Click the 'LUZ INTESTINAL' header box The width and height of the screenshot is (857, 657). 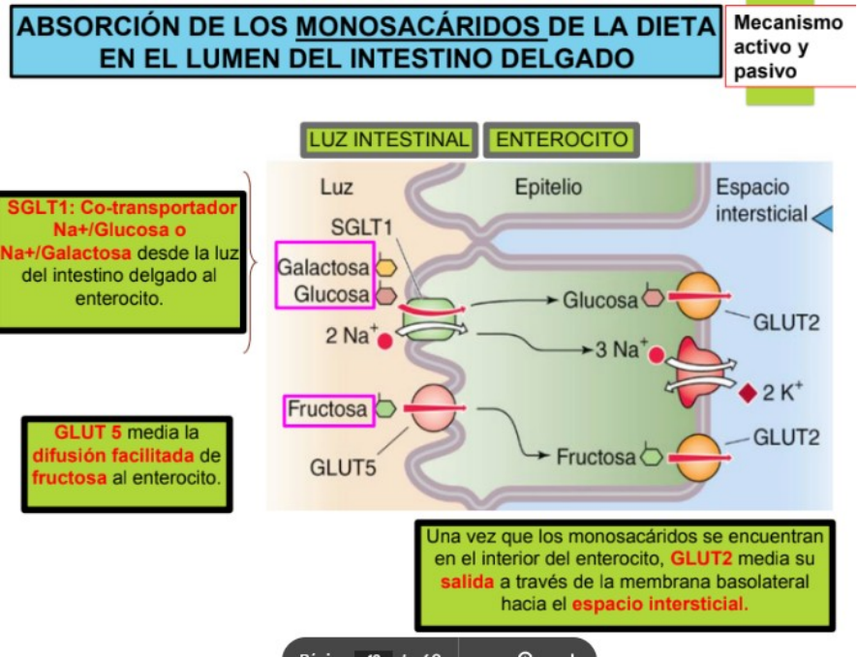pyautogui.click(x=388, y=139)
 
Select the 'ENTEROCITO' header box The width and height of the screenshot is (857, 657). pyautogui.click(x=561, y=139)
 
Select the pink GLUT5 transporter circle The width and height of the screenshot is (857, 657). pyautogui.click(x=433, y=408)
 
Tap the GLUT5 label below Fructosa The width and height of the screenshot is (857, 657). pyautogui.click(x=343, y=468)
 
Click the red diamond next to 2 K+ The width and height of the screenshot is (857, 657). pyautogui.click(x=747, y=394)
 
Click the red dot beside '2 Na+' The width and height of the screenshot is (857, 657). pyautogui.click(x=385, y=340)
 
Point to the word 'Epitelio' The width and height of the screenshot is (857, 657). pyautogui.click(x=548, y=188)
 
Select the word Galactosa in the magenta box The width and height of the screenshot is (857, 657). pyautogui.click(x=323, y=266)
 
